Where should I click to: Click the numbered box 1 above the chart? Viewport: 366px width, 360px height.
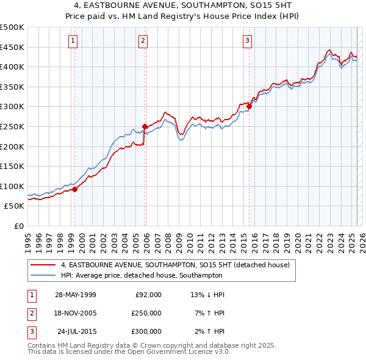point(73,41)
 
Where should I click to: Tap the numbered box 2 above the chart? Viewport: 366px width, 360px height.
point(143,41)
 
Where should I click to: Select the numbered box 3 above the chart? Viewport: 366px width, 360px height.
point(247,41)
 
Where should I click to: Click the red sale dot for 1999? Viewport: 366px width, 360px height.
point(75,189)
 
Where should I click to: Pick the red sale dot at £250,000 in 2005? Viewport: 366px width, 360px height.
point(145,127)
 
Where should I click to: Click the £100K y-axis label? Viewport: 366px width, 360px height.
point(13,186)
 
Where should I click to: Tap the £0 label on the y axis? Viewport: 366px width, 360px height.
point(19,226)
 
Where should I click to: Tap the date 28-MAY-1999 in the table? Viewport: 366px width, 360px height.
point(76,295)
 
